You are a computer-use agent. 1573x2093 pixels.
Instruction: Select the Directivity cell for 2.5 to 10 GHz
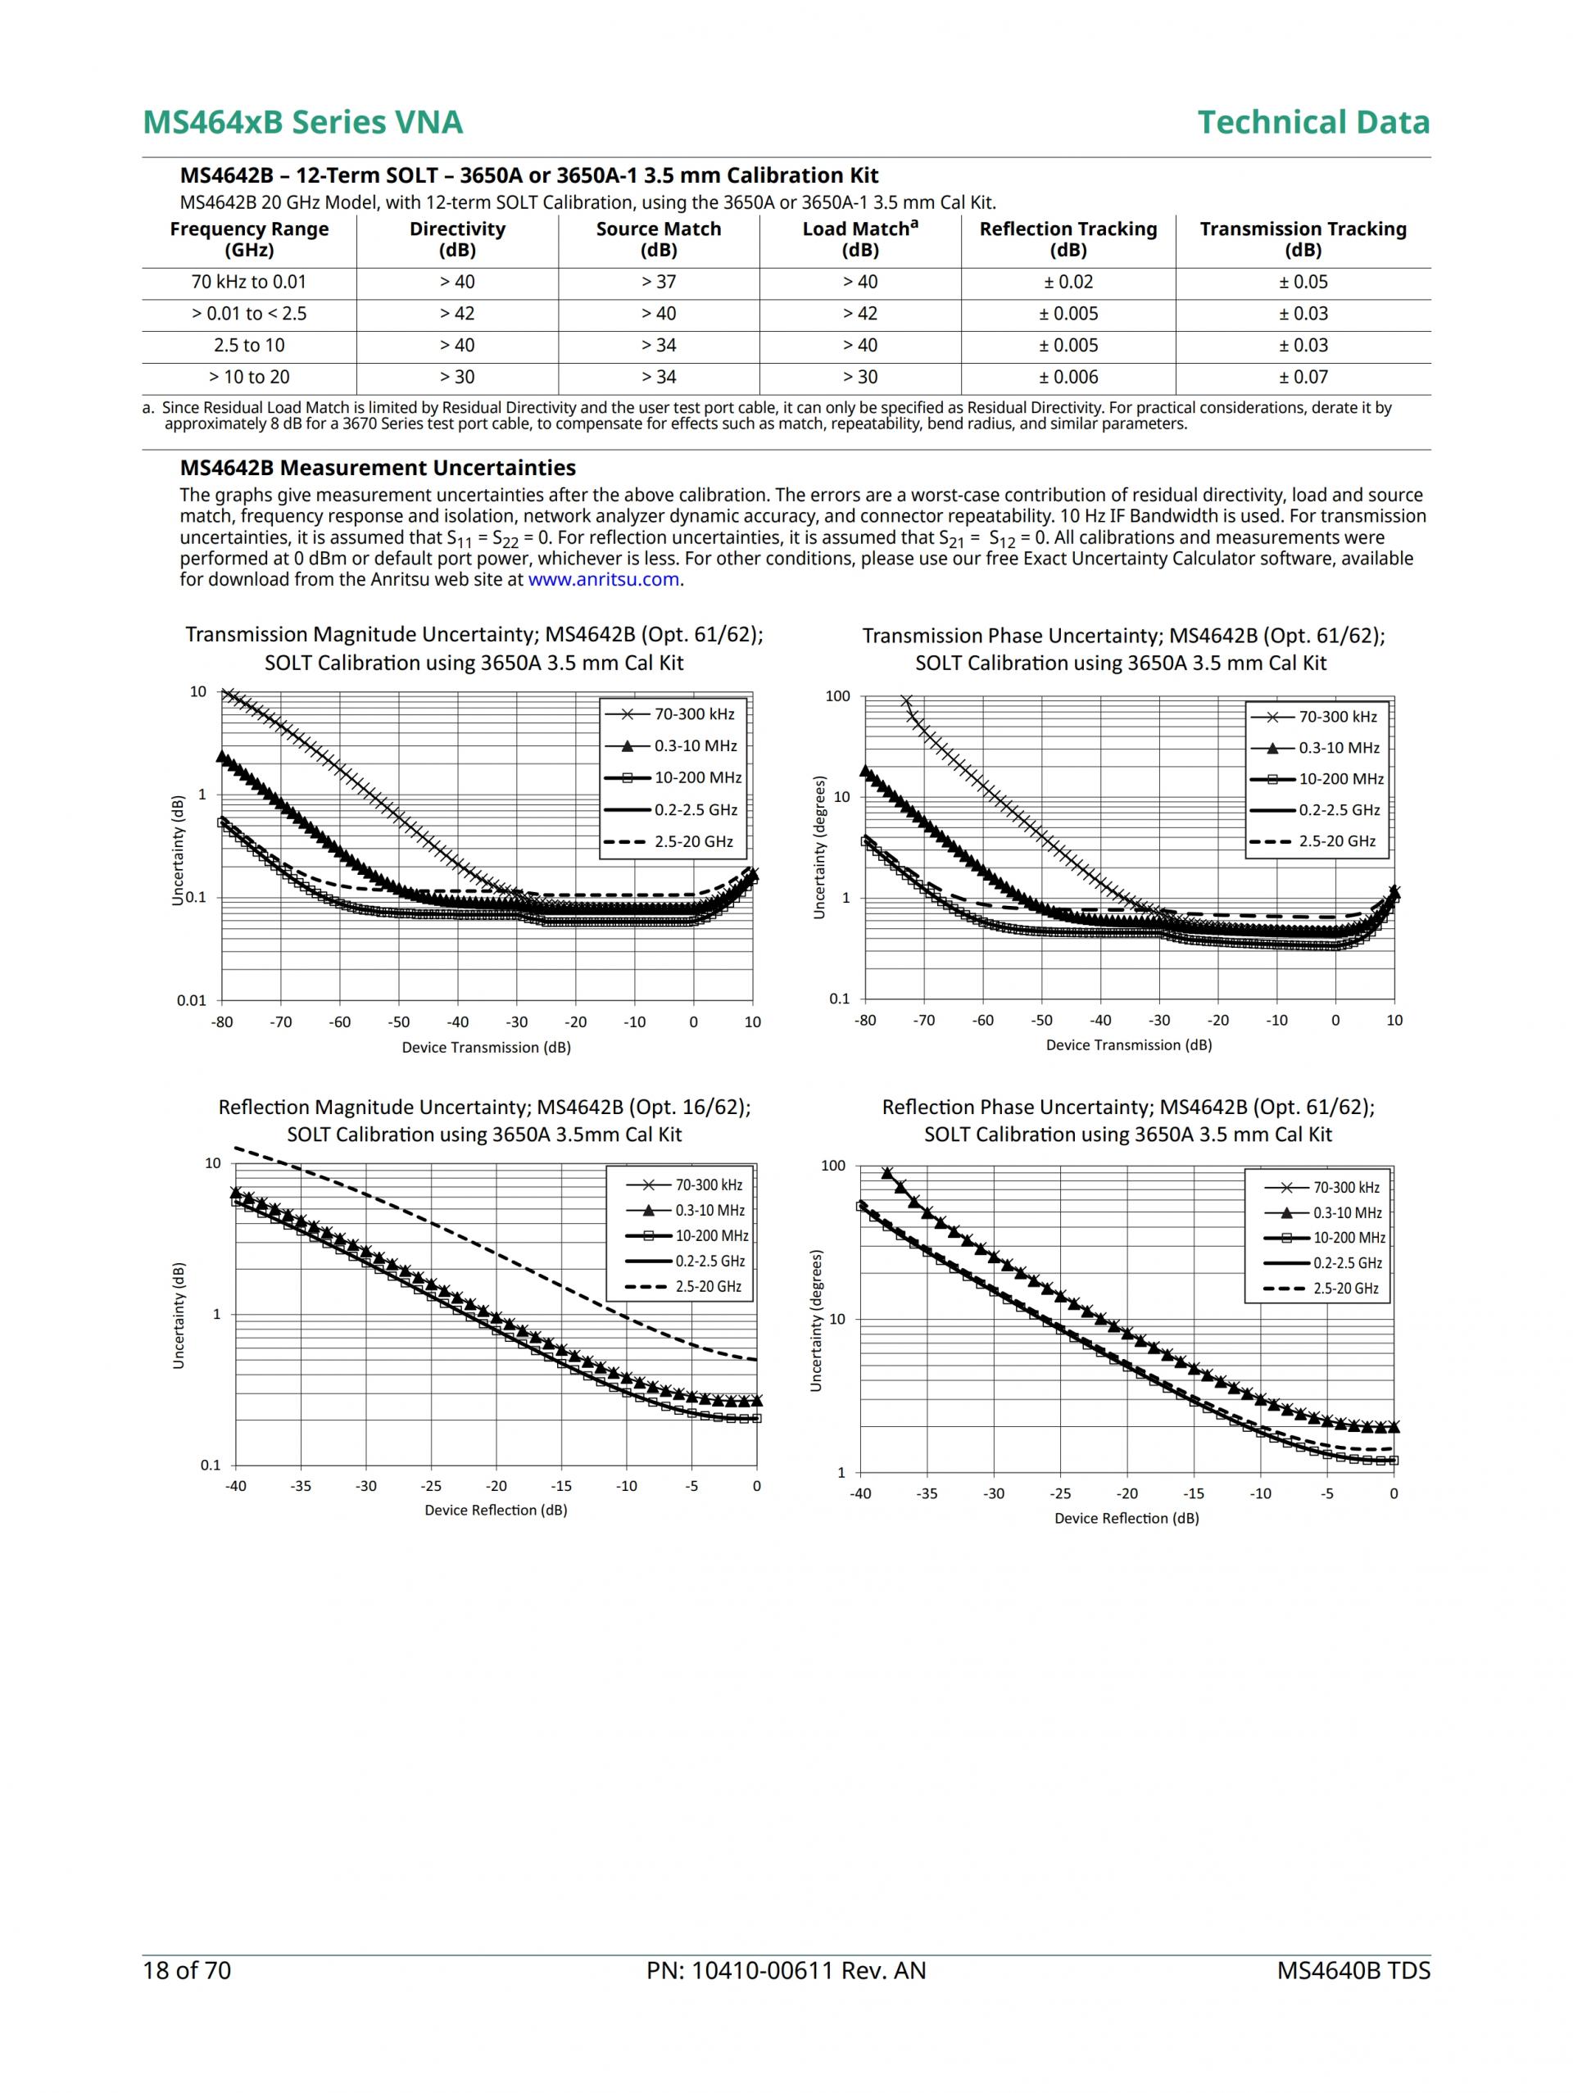click(457, 346)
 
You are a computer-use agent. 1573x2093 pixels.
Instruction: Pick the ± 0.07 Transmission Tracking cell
click(1303, 377)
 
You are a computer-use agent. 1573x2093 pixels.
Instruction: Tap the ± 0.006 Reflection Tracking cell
click(1068, 377)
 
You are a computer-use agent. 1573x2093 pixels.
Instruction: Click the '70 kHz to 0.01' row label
click(249, 282)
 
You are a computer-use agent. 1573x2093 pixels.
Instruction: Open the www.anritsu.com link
click(603, 579)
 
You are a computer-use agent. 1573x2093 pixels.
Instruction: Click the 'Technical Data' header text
click(1312, 122)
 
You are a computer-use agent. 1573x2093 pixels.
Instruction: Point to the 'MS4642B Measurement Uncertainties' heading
click(378, 468)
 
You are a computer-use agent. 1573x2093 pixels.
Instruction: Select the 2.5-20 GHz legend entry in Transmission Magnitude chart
click(693, 841)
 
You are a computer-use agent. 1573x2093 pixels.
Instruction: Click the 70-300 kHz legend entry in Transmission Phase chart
click(1337, 716)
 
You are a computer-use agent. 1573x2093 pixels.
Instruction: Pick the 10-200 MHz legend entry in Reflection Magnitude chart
click(711, 1236)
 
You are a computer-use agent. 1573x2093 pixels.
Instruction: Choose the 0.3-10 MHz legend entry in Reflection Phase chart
click(1347, 1212)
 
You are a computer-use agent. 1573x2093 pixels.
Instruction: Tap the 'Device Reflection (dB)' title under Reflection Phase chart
click(1126, 1519)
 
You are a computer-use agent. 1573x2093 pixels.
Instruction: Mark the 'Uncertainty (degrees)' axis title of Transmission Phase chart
click(819, 847)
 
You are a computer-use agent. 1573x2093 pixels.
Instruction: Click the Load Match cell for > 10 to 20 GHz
click(859, 377)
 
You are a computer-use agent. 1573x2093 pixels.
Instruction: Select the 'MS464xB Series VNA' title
click(303, 122)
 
